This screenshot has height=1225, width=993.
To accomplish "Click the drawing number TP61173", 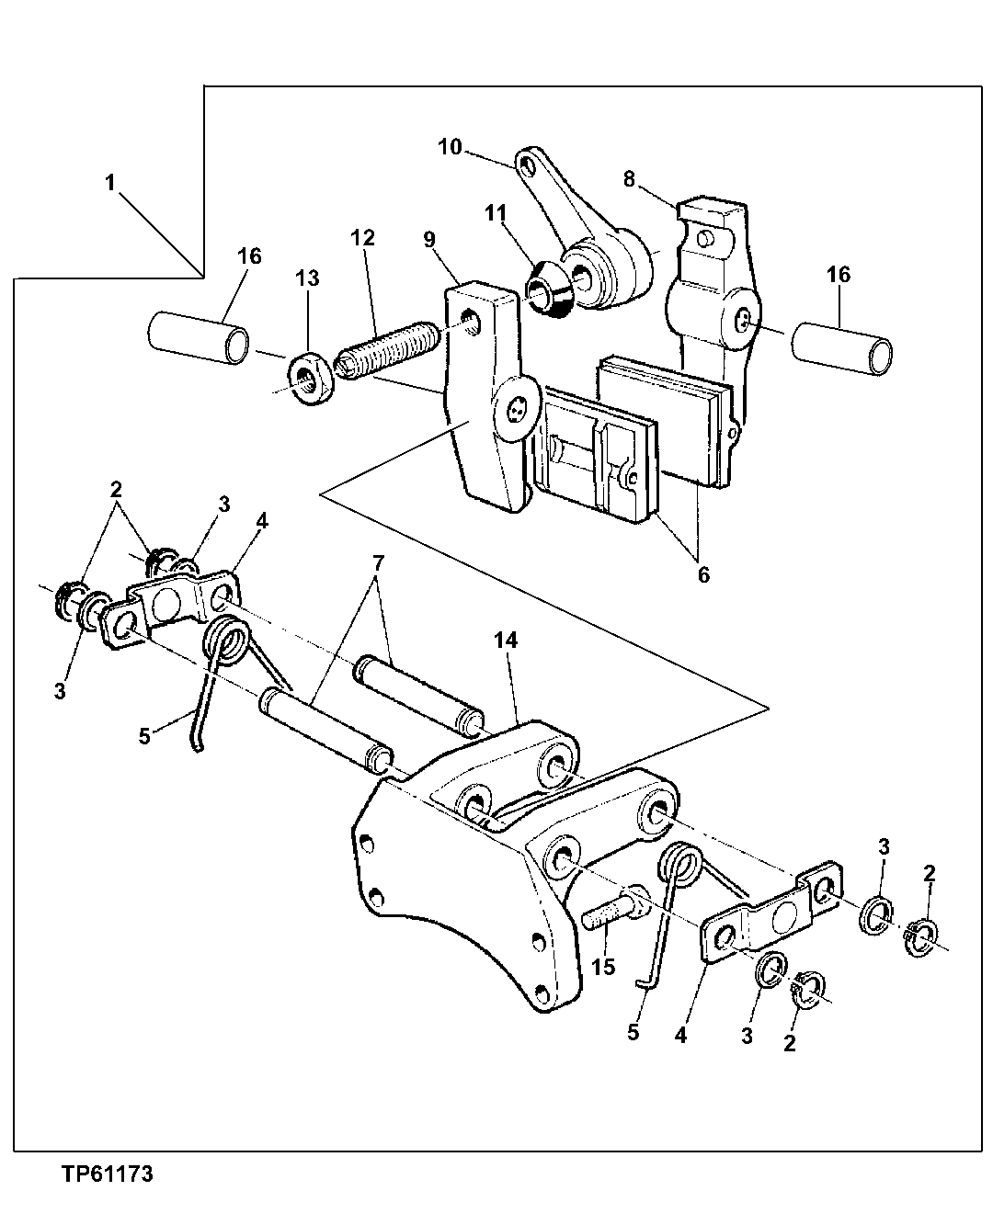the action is point(107,1174).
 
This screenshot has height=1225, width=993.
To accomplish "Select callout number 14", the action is point(506,640).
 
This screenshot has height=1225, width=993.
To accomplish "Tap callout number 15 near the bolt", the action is point(603,967).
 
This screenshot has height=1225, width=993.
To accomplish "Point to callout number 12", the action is point(363,237).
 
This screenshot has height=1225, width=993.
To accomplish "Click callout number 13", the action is point(307,278).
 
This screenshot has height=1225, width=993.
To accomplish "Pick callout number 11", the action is point(496,213).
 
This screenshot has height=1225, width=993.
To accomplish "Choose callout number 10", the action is point(450,147).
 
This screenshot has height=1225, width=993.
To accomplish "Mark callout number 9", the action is point(429,239).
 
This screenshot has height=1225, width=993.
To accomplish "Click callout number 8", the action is point(629,179).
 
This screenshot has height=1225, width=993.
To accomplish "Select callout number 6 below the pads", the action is point(703,574).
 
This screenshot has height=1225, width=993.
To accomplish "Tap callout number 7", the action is point(377,561).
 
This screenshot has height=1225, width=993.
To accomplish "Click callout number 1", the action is point(110,183).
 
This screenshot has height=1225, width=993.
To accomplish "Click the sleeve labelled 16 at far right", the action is point(842,348).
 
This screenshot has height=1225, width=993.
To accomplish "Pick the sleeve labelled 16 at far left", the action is point(200,337).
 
